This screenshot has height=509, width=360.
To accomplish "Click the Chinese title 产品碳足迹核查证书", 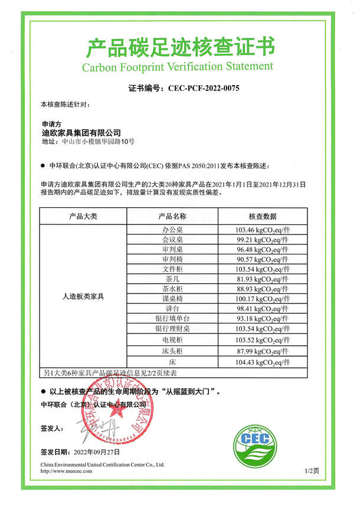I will pyautogui.click(x=180, y=47).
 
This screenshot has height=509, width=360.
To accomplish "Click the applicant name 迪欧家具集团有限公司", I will pyautogui.click(x=81, y=133).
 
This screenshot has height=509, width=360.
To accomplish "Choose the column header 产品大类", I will pyautogui.click(x=83, y=216).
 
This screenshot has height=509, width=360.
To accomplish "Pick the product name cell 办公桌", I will pyautogui.click(x=172, y=229).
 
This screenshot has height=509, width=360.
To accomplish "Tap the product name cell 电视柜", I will pyautogui.click(x=172, y=339).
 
